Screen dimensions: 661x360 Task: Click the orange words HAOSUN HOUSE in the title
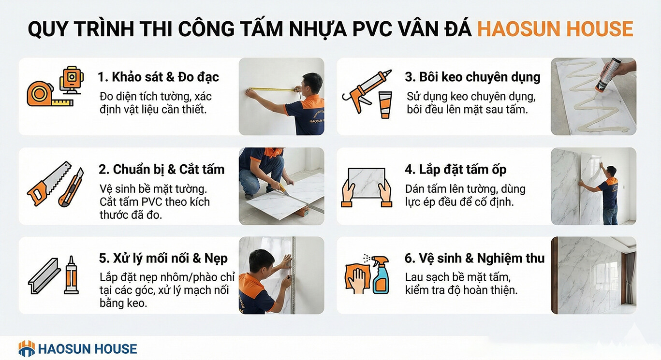555,29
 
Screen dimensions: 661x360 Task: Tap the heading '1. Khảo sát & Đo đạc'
158,77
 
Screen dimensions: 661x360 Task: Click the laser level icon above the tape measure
72,80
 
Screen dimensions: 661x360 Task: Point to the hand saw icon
49,183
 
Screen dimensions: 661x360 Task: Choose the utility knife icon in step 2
71,187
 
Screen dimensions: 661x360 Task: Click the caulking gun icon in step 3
367,91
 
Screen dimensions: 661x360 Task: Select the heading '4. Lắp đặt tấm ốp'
455,170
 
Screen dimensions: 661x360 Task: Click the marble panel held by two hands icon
367,187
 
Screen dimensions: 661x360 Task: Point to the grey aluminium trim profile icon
44,276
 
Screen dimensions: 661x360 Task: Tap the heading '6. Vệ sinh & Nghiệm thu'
474,258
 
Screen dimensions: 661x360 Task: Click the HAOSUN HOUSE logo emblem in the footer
27,348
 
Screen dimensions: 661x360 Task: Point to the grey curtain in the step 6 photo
631,277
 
